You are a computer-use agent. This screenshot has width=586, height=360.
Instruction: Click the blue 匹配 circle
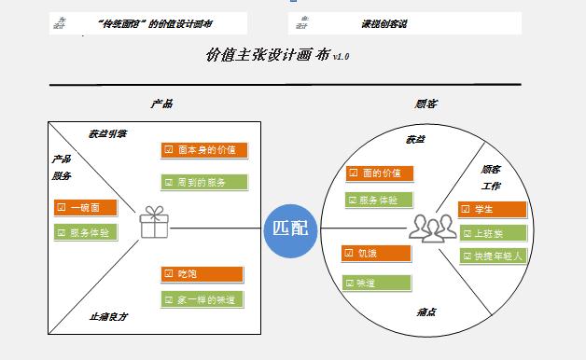click(x=290, y=228)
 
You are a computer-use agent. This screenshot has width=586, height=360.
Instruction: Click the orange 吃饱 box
click(x=202, y=273)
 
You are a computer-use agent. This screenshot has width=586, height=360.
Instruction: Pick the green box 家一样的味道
click(x=202, y=299)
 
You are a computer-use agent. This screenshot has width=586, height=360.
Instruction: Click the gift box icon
click(x=151, y=222)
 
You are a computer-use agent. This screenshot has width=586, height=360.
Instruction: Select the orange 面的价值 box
click(x=378, y=173)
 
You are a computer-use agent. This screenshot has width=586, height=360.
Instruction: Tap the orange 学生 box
click(x=492, y=209)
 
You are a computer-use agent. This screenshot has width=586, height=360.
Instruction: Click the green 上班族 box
click(x=492, y=232)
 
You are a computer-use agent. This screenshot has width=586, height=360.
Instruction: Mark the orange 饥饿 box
click(x=376, y=253)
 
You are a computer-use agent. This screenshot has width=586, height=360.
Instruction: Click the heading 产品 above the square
click(x=161, y=104)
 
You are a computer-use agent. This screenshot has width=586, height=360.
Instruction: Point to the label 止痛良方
click(x=109, y=317)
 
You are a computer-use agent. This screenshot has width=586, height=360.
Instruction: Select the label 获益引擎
click(x=108, y=133)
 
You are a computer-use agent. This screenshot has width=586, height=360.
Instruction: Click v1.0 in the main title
click(x=341, y=57)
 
